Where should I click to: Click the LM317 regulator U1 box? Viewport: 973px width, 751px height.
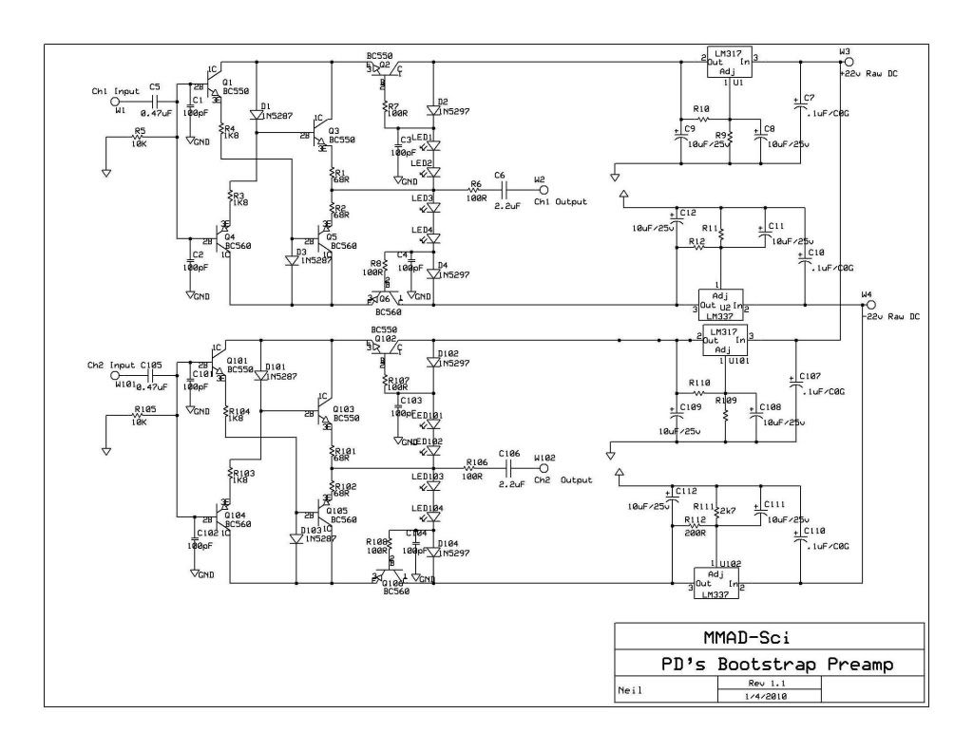tap(727, 66)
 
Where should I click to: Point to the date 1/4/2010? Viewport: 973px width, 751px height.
tap(768, 695)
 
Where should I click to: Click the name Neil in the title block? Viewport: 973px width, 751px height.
tap(631, 690)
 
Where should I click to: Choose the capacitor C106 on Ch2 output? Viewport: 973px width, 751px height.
tap(510, 467)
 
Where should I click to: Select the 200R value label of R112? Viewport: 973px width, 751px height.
tap(696, 533)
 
